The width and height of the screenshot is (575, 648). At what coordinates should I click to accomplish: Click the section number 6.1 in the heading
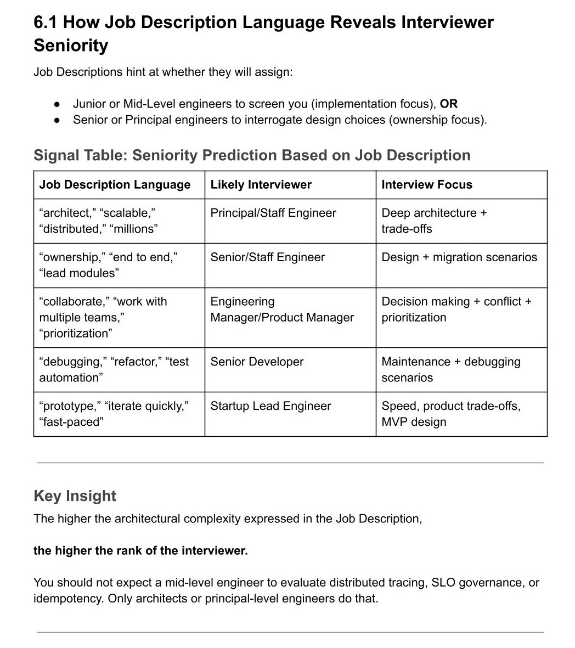pos(46,22)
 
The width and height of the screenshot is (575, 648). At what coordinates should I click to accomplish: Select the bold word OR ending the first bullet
pos(448,104)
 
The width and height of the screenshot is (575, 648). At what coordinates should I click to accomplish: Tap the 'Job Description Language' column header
pos(115,184)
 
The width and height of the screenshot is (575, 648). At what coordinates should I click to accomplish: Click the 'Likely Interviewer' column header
pos(261,184)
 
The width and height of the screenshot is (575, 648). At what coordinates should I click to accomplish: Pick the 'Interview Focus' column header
pos(426,184)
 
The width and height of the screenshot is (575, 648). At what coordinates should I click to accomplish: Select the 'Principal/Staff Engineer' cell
pos(273,213)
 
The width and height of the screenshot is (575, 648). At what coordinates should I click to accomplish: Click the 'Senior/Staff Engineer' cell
pos(267,257)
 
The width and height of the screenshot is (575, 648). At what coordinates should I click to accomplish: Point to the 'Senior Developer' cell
pos(257,362)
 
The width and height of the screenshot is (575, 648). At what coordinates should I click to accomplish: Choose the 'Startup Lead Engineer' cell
pos(270,406)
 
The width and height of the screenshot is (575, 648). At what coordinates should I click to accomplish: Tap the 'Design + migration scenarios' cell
pos(459,257)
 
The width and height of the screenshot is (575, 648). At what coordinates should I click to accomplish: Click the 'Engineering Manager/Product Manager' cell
pos(281,309)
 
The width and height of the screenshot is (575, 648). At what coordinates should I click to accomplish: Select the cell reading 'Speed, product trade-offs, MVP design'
pos(450,414)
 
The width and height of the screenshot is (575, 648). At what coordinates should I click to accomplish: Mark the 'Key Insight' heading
pos(75,495)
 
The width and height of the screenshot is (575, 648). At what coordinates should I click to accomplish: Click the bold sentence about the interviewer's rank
pos(140,550)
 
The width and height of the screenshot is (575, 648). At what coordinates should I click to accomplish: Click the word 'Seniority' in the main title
pos(71,45)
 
